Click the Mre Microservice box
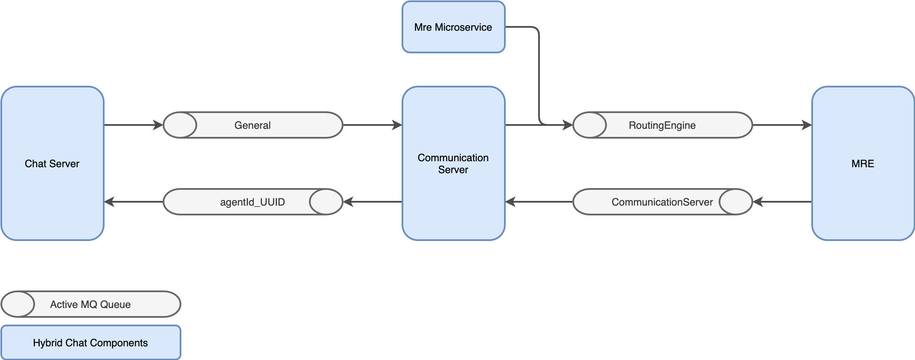453,27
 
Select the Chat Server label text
52,164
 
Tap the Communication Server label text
453,164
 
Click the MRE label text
863,164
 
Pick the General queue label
252,125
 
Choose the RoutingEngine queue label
662,125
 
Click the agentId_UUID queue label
252,202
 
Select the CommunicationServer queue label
662,202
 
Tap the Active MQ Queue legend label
90,305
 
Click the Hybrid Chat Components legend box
90,343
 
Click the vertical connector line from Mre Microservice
539,77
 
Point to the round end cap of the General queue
180,125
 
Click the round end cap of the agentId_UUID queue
326,202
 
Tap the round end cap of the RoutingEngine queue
589,125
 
